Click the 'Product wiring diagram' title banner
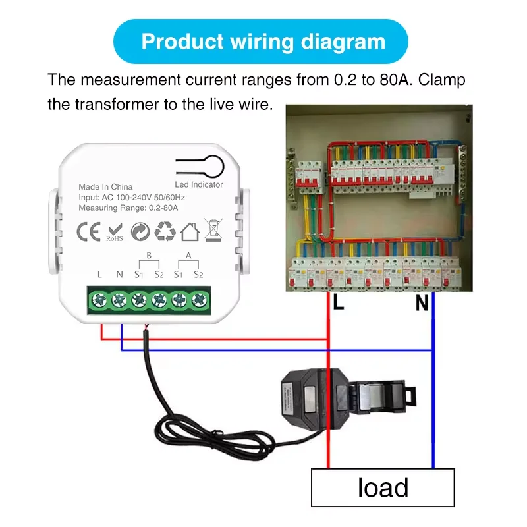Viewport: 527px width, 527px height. [263, 42]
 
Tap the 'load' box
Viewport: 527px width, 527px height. [383, 488]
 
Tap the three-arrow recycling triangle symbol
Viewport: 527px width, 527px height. [164, 231]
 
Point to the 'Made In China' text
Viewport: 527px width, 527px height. [105, 187]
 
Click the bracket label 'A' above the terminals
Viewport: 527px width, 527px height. [188, 255]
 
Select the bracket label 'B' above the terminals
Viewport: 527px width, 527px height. [148, 255]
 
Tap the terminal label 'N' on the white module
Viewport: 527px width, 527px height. [119, 273]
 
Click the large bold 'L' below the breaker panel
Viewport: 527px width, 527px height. [339, 302]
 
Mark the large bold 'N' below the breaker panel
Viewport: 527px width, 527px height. [422, 303]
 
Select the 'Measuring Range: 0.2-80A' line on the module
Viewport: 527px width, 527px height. [128, 208]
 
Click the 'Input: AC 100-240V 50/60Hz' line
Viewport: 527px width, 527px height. [131, 198]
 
